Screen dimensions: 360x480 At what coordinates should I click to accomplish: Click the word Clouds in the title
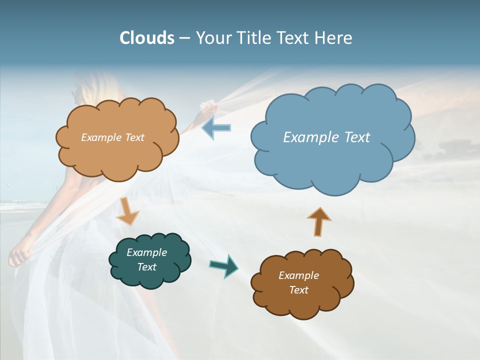click(147, 38)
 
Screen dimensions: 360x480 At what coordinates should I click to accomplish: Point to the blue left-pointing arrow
click(216, 128)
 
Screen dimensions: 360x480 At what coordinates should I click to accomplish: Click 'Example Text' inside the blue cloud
click(326, 137)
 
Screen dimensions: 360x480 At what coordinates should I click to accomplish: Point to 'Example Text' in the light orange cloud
click(112, 137)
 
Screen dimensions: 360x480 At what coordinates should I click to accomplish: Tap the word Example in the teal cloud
click(146, 252)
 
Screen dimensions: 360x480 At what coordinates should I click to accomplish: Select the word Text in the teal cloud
click(146, 267)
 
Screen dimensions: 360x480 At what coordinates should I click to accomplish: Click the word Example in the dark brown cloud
click(298, 275)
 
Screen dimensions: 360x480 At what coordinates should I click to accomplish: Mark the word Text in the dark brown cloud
click(298, 290)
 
